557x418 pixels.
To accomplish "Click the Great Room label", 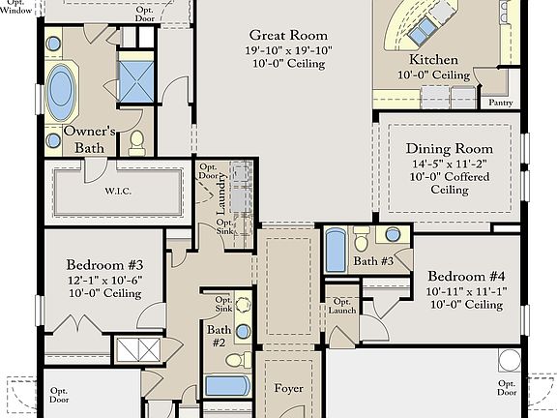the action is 288,35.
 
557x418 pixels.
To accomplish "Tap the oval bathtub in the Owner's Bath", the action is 61,93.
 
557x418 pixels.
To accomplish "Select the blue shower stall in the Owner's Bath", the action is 136,81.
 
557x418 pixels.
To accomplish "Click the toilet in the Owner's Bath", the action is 136,143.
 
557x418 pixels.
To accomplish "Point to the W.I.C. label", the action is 118,191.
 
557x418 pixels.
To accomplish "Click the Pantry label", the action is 501,103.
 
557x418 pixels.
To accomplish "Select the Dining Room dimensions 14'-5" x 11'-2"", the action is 450,164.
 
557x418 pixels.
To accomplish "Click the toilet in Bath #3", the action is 362,239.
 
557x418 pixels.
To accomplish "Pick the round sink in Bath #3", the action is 393,235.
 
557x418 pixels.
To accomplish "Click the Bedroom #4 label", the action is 466,276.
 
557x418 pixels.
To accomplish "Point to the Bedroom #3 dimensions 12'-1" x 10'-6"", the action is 104,280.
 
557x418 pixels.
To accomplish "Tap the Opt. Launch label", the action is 341,306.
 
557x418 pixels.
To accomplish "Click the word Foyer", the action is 288,388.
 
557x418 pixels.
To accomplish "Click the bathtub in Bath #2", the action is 227,386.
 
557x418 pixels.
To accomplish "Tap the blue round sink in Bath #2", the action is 243,332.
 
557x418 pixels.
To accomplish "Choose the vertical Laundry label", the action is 220,194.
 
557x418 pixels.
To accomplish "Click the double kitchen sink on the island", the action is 421,30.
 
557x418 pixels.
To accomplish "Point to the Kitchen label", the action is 433,59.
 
